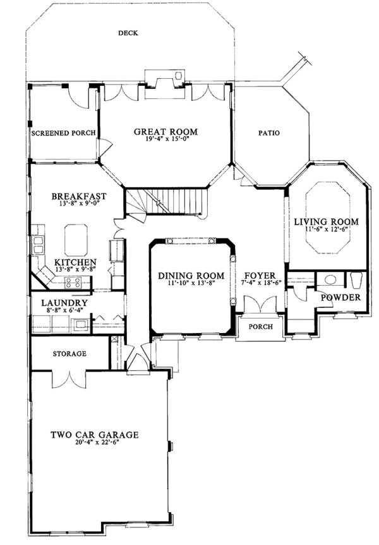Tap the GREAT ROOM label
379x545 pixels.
[x=165, y=132]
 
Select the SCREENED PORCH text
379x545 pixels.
[x=64, y=133]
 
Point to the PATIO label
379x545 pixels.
[x=269, y=133]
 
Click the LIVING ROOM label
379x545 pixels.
[x=327, y=221]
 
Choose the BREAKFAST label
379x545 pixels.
[x=79, y=197]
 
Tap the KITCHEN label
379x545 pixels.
[x=75, y=262]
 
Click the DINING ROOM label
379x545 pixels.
[x=191, y=276]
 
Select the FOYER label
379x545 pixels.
[x=260, y=276]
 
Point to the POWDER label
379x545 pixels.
[x=340, y=298]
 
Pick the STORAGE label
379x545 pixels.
[x=69, y=354]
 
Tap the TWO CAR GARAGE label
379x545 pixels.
[x=95, y=435]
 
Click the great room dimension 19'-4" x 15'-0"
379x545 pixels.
[x=165, y=139]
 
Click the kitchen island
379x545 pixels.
[x=76, y=238]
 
